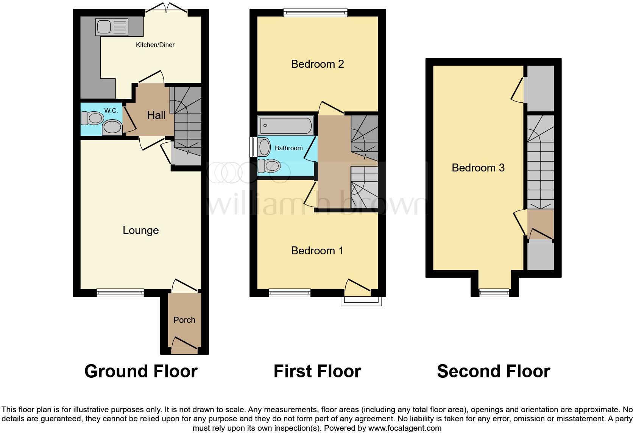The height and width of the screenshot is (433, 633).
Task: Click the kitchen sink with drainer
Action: tap(112, 27)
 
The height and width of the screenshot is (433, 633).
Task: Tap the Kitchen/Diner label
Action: tap(155, 45)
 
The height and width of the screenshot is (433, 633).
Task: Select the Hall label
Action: tap(156, 115)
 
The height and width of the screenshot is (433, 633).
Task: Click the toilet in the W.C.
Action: tap(91, 118)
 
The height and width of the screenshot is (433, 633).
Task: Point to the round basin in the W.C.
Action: tap(112, 128)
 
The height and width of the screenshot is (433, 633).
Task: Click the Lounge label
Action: tap(140, 230)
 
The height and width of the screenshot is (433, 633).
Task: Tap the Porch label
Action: tap(184, 320)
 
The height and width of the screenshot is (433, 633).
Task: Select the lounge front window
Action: tap(120, 292)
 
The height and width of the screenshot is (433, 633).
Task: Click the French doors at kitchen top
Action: tap(166, 8)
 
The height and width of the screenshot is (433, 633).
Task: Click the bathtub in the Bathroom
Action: tap(286, 125)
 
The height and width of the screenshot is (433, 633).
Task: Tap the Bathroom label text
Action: tap(288, 148)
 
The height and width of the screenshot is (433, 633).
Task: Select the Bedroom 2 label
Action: tap(317, 64)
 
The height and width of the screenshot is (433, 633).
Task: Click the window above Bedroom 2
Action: tap(315, 13)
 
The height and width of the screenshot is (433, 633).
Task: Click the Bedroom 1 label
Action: tap(317, 251)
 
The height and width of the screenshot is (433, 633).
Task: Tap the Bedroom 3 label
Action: tap(478, 168)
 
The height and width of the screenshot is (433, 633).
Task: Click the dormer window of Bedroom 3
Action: tap(494, 292)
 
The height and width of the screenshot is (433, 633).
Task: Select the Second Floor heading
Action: tap(493, 371)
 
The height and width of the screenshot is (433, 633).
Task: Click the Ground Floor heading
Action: tap(141, 371)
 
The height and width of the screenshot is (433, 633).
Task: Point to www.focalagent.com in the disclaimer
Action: tap(405, 428)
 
